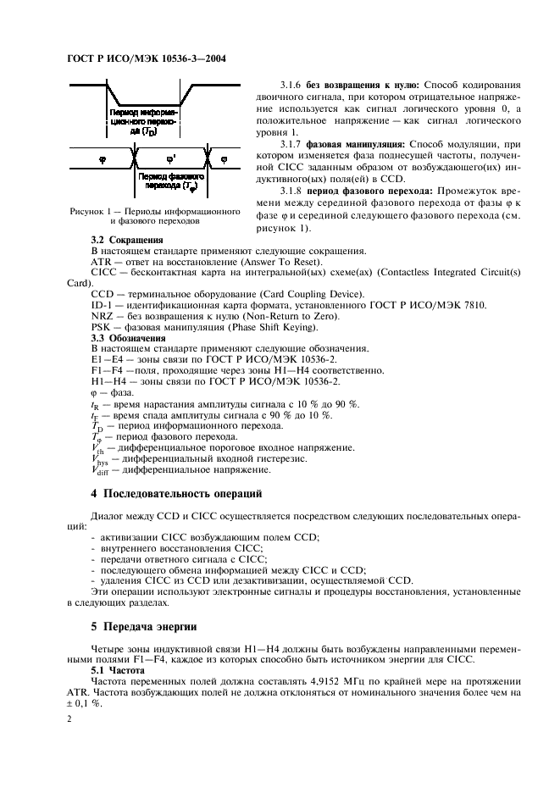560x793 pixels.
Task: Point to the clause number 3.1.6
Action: point(293,86)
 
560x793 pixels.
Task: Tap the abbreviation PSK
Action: point(103,327)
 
